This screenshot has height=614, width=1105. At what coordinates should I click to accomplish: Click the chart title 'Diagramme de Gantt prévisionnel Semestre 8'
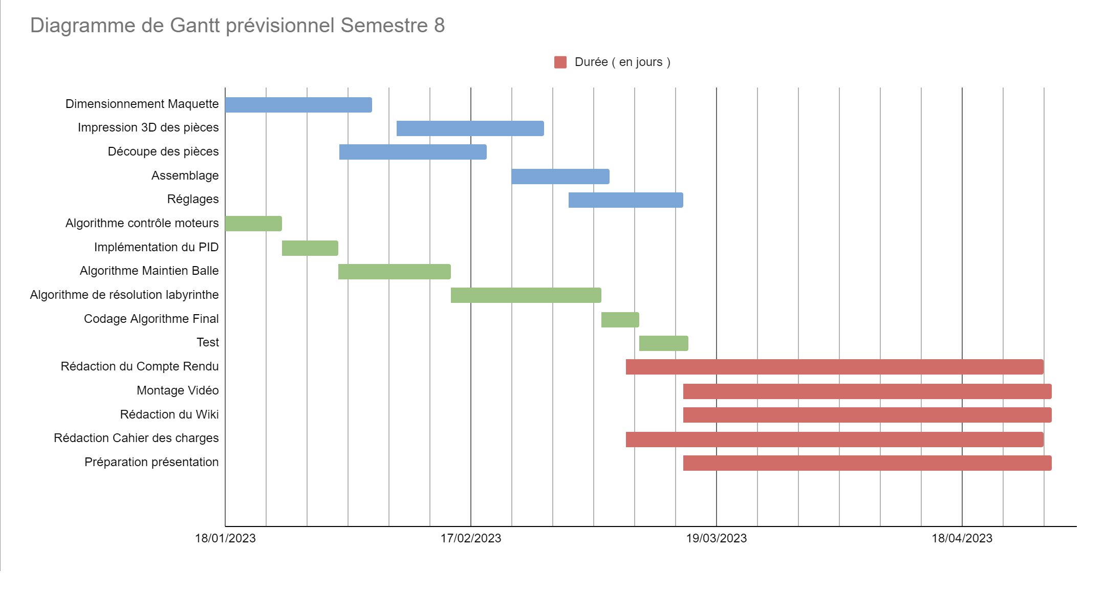point(237,26)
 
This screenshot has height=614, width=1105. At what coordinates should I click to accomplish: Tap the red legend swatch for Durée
point(560,62)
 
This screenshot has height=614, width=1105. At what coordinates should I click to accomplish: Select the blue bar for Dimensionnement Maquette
point(298,105)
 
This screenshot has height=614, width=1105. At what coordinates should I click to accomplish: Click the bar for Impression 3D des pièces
point(470,128)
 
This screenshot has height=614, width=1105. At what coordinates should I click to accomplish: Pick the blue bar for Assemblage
point(560,177)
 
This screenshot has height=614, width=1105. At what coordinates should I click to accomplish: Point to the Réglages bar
point(625,200)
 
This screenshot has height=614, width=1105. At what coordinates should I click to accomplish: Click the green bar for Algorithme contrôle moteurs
point(253,224)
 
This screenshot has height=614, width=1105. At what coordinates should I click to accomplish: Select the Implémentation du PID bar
point(310,248)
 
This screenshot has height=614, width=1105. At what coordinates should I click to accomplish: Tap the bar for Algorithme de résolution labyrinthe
point(526,295)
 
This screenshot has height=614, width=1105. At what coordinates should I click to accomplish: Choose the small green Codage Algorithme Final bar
point(620,320)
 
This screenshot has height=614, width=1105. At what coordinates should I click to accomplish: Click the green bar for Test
point(663,343)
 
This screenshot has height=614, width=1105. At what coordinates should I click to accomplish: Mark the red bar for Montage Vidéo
point(867,391)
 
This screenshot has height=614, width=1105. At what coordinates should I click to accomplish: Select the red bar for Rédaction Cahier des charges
point(834,440)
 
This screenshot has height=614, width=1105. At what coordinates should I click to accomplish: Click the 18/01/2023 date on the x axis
point(225,538)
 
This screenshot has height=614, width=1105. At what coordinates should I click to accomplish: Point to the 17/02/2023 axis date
point(471,538)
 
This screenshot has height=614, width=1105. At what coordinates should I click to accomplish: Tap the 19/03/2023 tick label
point(716,538)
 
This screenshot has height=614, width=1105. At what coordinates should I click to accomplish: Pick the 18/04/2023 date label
point(962,538)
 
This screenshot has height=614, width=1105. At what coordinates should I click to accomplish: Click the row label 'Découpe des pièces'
point(163,151)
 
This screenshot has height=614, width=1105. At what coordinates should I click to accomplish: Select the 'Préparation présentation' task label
point(151,462)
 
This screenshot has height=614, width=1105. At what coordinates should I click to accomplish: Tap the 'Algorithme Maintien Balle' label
point(149,271)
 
